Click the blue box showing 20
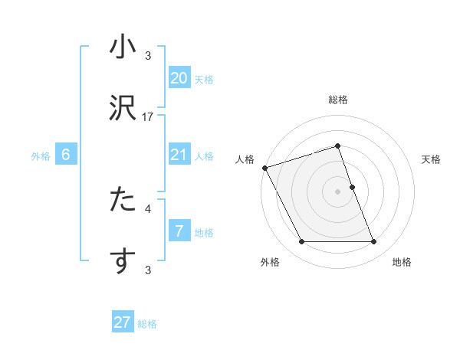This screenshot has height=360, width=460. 179,78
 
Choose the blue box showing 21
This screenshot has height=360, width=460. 179,155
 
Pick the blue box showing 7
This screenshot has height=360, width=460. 179,231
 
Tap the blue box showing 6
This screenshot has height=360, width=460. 66,155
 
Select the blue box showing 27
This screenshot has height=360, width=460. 123,322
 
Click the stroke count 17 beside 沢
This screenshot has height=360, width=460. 148,117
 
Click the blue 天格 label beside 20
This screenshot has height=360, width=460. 204,80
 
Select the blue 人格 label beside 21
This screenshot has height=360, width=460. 204,156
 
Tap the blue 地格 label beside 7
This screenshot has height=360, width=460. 204,233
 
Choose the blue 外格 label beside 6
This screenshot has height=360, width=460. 41,156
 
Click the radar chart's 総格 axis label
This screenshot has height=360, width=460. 338,100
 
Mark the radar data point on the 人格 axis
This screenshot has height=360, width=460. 264,168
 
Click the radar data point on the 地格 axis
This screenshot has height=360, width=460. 374,242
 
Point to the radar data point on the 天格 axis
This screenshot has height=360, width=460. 352,187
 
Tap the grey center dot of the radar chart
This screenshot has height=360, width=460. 338,191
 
